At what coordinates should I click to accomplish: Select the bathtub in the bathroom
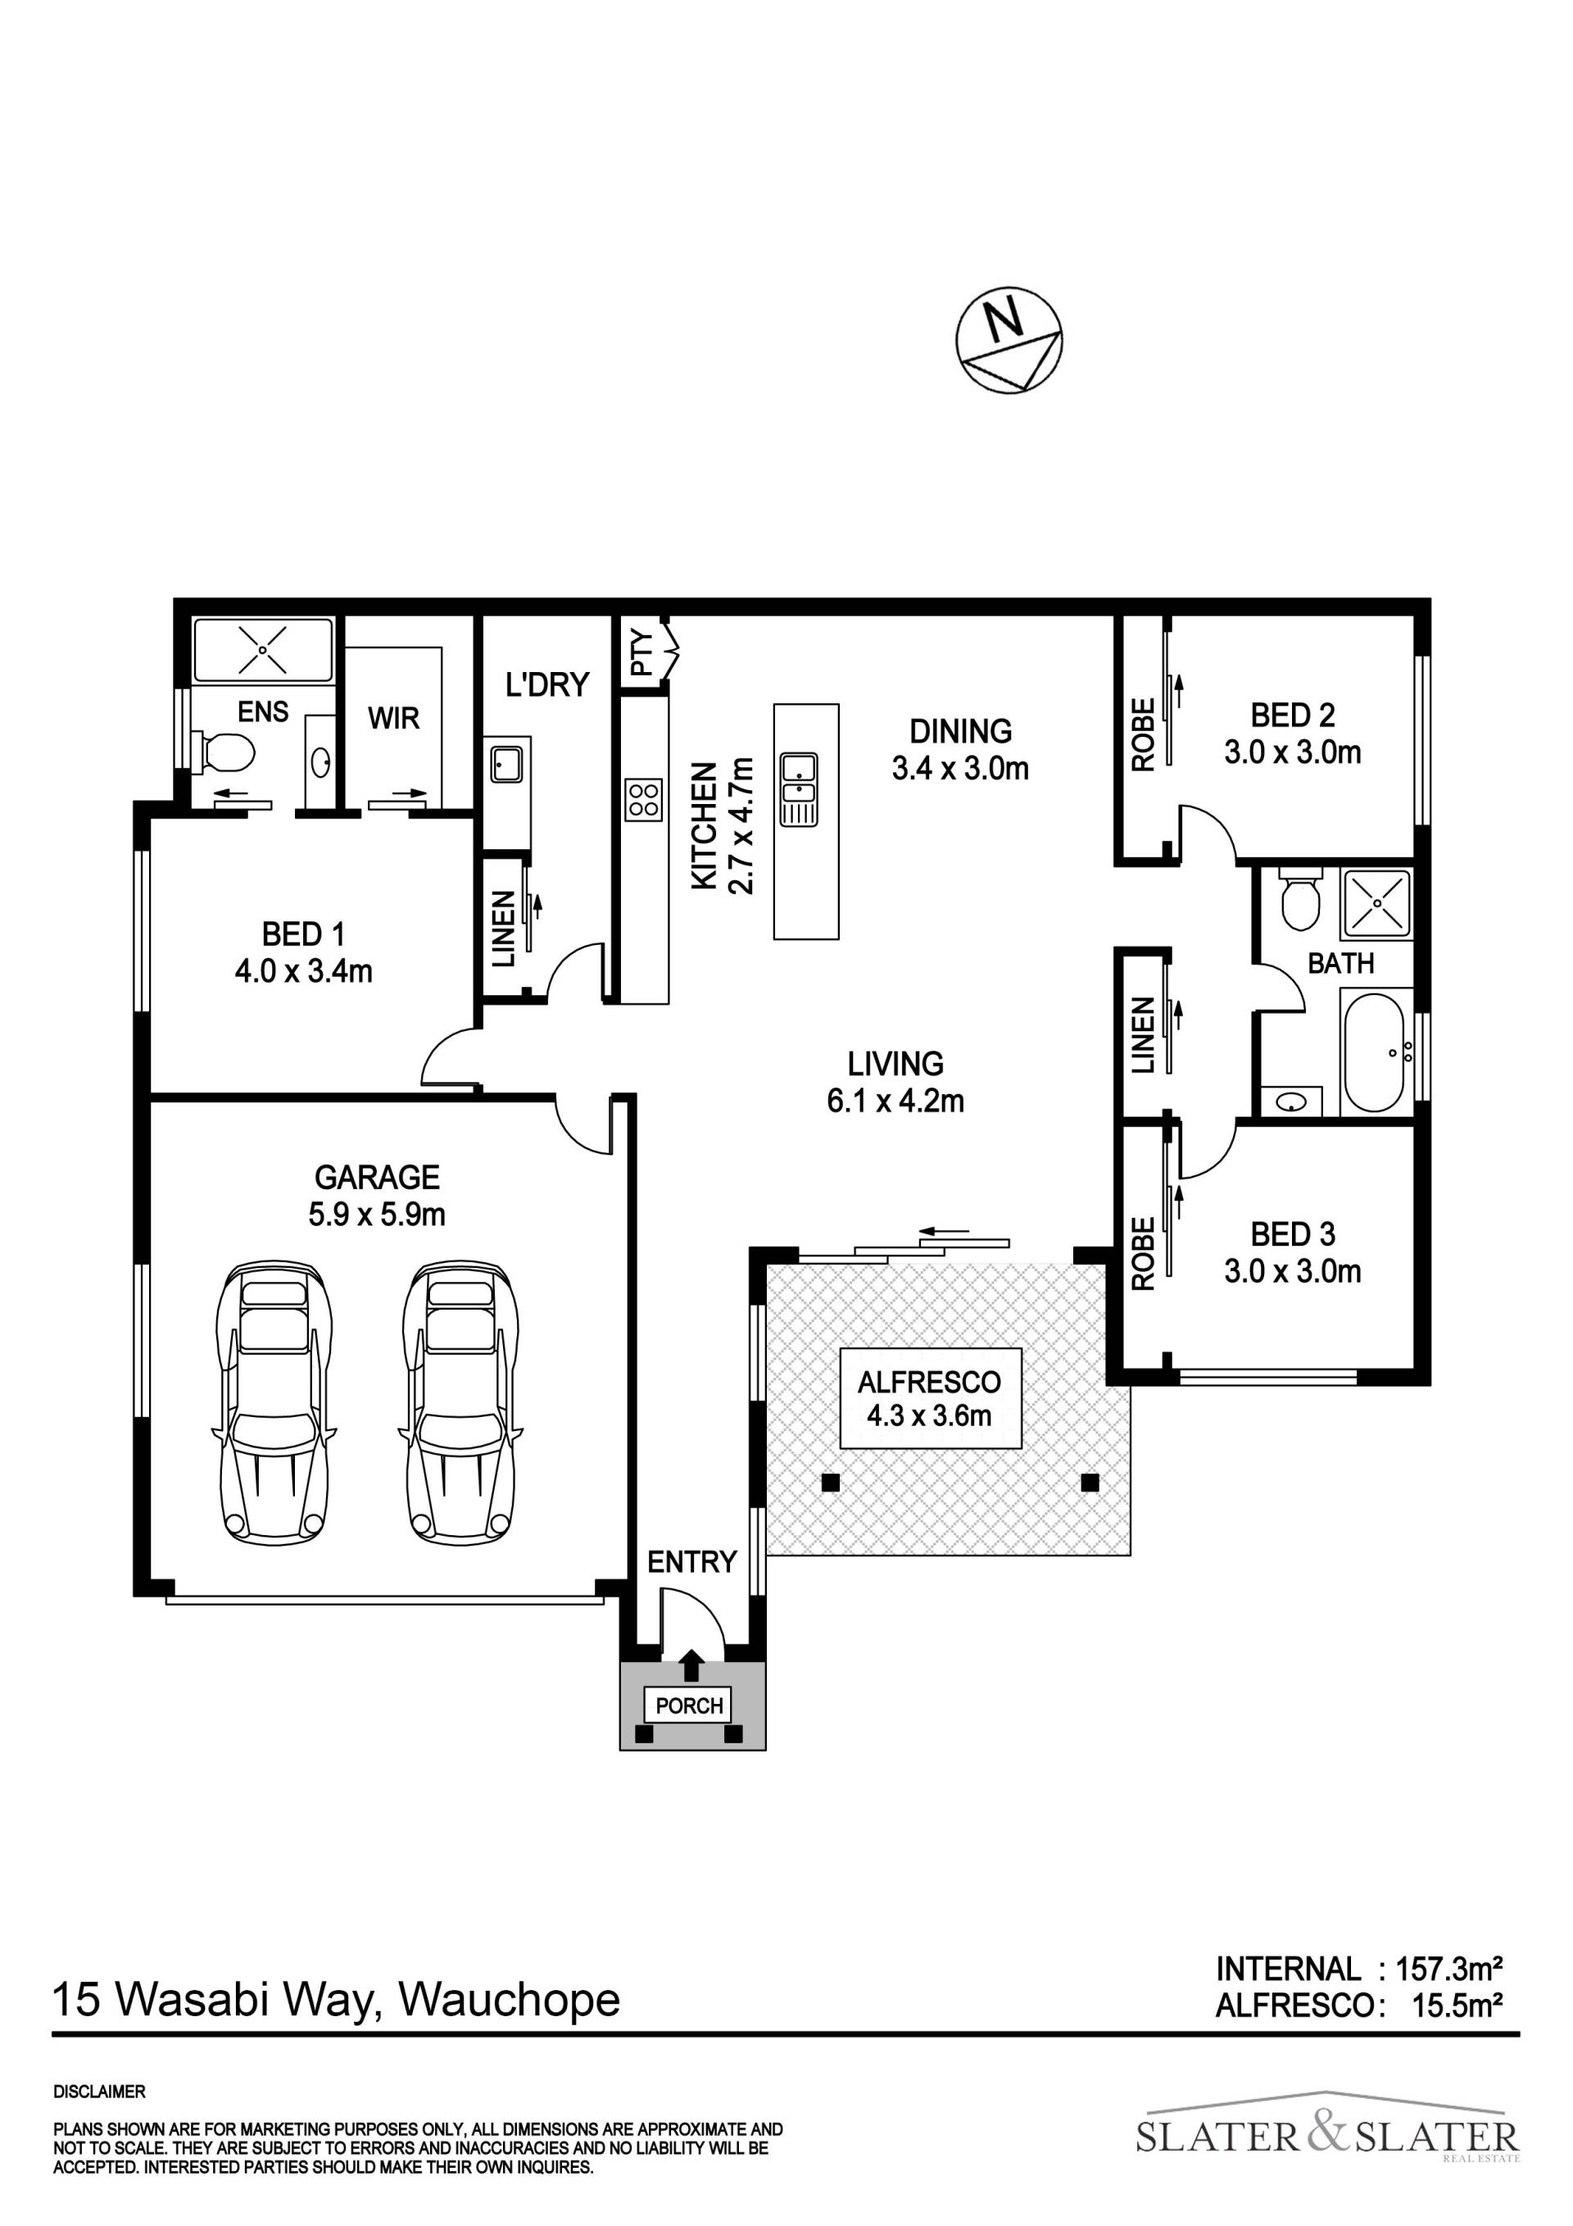click(1373, 1051)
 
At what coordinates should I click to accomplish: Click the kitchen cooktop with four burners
click(645, 800)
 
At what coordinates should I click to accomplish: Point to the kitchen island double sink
click(799, 789)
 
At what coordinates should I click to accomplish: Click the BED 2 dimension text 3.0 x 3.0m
click(1292, 752)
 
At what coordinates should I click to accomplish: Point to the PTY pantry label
click(641, 653)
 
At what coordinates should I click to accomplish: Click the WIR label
click(393, 719)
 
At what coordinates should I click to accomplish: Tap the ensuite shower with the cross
click(264, 650)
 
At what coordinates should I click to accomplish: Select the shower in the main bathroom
click(1376, 902)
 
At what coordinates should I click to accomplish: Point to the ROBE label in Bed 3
click(1144, 1254)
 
